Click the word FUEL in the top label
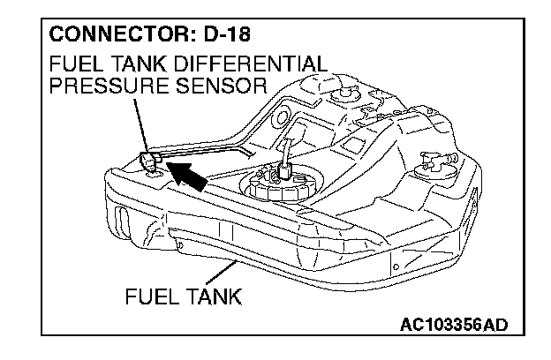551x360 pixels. pyautogui.click(x=72, y=66)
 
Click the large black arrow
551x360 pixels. pyautogui.click(x=190, y=178)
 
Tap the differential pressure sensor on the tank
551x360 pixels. pyautogui.click(x=149, y=161)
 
